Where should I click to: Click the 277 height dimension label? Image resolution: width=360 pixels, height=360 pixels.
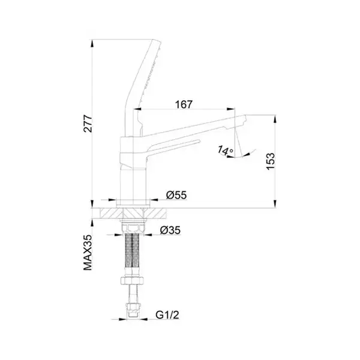[88, 124]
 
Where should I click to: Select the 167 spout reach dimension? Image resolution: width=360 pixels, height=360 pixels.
[184, 104]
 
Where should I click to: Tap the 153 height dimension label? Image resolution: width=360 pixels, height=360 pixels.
[271, 161]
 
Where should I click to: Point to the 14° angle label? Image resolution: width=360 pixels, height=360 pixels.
[225, 150]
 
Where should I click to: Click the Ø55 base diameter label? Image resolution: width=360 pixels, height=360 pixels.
[176, 195]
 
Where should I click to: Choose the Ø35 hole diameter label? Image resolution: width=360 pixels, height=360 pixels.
[170, 230]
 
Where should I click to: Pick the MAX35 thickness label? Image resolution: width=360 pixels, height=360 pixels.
[88, 253]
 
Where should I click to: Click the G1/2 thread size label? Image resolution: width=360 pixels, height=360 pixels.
[167, 314]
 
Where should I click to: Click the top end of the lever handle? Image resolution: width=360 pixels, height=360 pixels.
[157, 41]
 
